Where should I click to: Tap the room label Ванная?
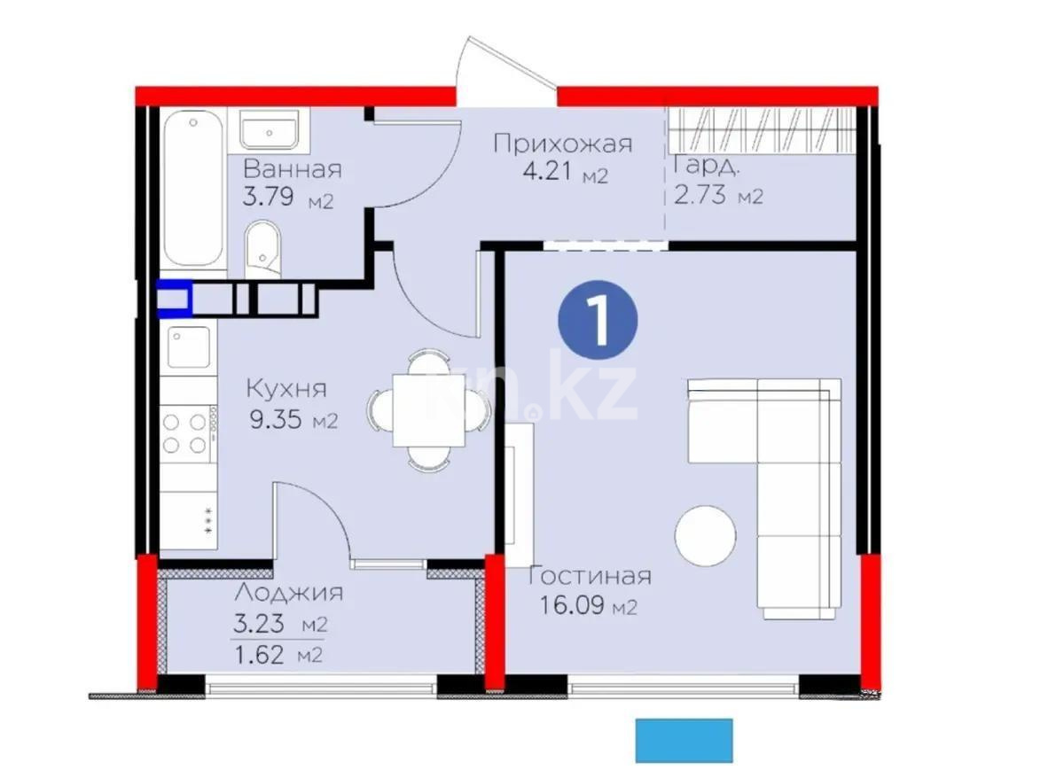click(292, 169)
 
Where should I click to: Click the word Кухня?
click(286, 388)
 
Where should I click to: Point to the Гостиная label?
click(589, 576)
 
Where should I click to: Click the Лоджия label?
click(289, 593)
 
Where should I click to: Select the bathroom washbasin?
click(271, 129)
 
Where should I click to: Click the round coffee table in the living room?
click(705, 535)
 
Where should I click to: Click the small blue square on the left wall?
click(174, 299)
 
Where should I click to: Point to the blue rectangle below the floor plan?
click(684, 740)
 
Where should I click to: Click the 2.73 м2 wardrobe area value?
click(718, 195)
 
